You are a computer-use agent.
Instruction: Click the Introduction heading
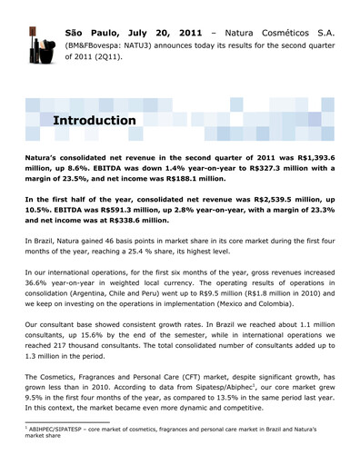pos(95,120)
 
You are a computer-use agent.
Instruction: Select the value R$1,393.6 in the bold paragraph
pos(313,157)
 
